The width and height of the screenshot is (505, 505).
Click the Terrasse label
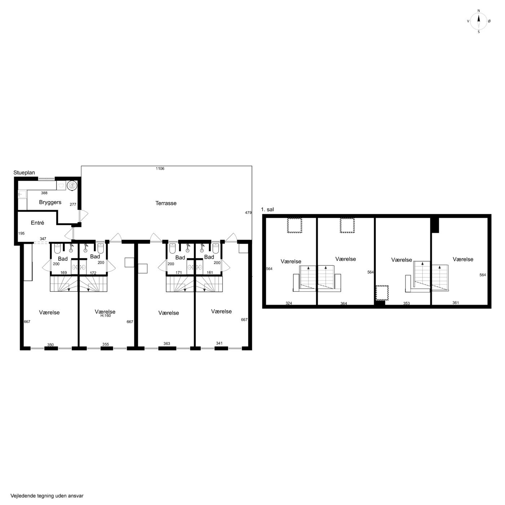click(x=166, y=203)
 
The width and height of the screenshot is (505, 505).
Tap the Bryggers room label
click(x=50, y=202)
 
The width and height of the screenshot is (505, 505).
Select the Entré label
click(x=38, y=223)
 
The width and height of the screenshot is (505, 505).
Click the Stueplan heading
click(x=24, y=173)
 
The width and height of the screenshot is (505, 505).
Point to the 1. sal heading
click(x=267, y=209)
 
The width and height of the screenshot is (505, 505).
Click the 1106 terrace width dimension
click(x=160, y=168)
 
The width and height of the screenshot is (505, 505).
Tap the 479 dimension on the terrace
click(x=248, y=212)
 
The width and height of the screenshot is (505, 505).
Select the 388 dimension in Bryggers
click(x=44, y=193)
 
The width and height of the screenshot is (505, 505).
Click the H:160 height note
click(x=106, y=316)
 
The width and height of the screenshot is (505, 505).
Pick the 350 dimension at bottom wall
click(x=50, y=344)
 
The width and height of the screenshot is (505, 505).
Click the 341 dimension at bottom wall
click(x=219, y=343)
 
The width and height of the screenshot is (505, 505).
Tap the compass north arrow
click(x=479, y=21)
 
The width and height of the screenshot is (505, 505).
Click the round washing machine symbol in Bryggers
click(x=71, y=185)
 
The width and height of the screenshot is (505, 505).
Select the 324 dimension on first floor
click(x=289, y=303)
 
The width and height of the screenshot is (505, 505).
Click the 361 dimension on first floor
click(x=456, y=303)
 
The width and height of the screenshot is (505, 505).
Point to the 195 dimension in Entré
click(x=21, y=233)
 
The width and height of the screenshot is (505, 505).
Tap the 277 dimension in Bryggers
click(x=73, y=205)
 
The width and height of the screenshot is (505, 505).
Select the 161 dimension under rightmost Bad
click(x=210, y=273)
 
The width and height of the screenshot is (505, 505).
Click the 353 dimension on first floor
click(x=406, y=303)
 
